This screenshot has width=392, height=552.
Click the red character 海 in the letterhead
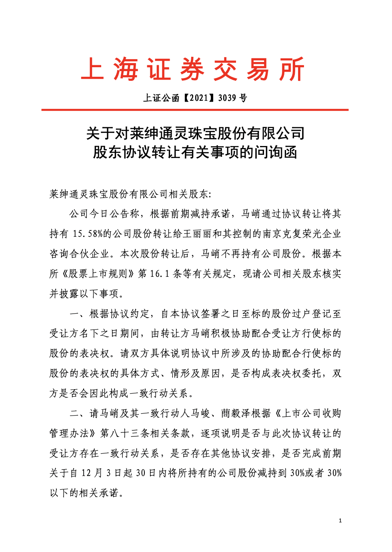tap(126, 69)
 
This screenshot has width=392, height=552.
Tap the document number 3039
tap(227, 98)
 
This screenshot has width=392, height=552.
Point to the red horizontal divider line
tap(195, 110)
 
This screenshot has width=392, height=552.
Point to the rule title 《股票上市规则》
tap(98, 274)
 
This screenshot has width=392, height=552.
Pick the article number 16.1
tap(160, 274)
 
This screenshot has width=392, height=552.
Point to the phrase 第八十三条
tap(124, 434)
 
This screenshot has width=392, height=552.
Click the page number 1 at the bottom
tap(340, 521)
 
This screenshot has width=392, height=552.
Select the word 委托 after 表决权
tap(312, 374)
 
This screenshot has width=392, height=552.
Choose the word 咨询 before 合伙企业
tap(59, 254)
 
